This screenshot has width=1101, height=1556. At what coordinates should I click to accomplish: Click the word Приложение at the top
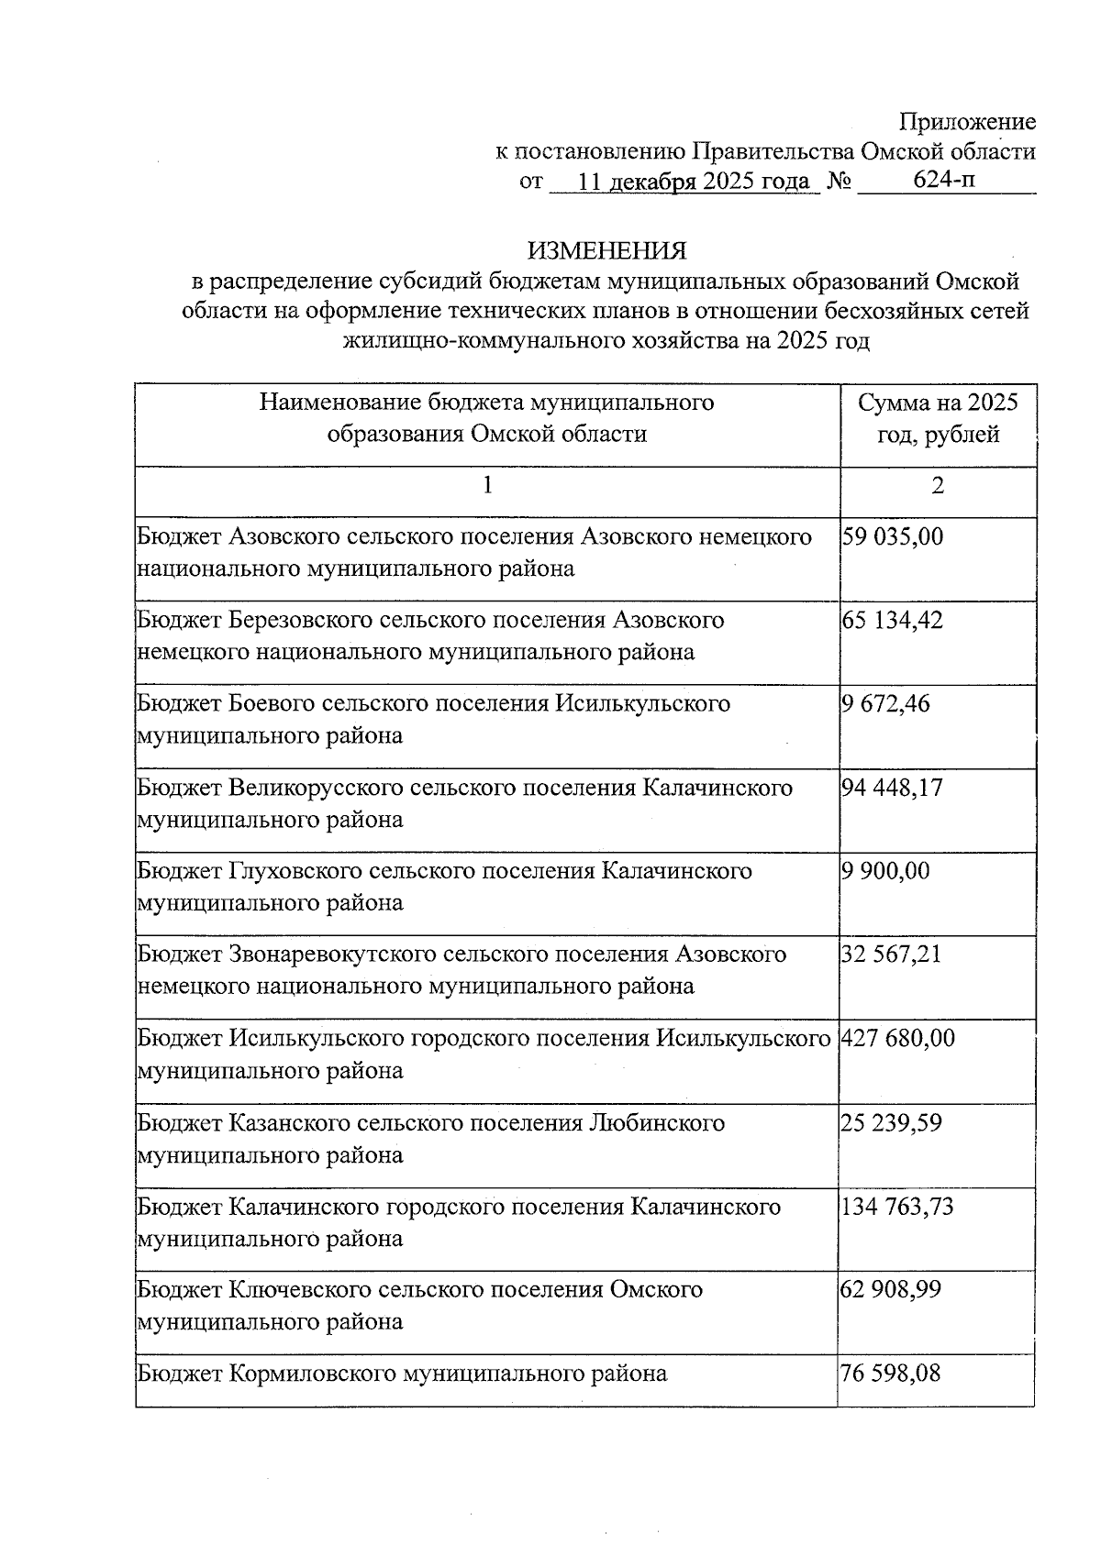coord(967,122)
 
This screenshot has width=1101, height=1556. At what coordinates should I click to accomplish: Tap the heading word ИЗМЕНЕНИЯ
coord(606,250)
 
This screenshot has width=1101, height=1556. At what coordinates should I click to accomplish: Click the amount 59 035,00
coord(892,536)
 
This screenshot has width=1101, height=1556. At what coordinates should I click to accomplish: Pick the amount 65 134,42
coord(892,621)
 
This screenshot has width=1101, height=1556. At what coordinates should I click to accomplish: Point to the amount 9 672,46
coord(884,704)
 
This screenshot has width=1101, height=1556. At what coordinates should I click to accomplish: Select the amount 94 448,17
coord(892,788)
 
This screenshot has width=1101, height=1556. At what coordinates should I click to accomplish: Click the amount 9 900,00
coord(884,871)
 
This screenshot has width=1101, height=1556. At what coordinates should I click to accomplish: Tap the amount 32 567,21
coord(892,955)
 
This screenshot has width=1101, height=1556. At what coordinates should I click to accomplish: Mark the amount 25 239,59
coord(892,1123)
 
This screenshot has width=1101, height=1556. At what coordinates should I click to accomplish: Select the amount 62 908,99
coord(892,1290)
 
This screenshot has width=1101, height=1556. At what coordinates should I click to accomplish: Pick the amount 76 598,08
coord(892,1374)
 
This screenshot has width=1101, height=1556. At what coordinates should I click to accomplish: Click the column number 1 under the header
coord(487,485)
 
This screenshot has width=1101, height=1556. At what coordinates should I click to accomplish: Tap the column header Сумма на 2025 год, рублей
coord(937,418)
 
